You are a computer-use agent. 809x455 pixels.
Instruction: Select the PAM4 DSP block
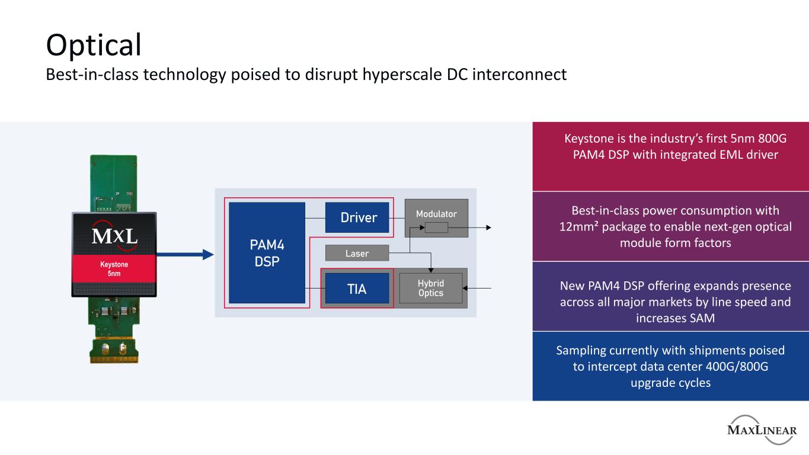pos(267,252)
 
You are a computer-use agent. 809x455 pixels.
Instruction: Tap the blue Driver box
pos(359,217)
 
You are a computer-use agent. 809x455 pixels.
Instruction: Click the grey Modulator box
pos(436,213)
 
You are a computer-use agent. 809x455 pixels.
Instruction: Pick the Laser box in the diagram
pos(357,253)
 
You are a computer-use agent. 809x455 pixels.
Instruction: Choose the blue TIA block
pos(357,289)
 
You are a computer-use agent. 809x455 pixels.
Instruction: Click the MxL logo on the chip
pos(114,235)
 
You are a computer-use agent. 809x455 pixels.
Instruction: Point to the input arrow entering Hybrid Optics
pos(480,289)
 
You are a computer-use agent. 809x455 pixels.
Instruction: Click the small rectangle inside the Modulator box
pos(437,227)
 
